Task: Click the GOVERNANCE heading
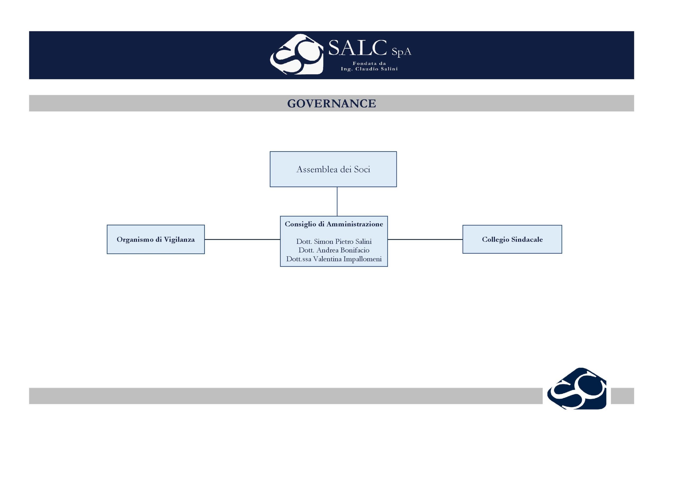332,103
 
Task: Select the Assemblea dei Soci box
333,169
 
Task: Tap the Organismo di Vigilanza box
156,239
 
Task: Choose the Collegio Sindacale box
512,239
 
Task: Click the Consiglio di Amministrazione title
334,224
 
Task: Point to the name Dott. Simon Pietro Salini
334,241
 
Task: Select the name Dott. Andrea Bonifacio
334,250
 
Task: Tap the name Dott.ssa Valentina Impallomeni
334,259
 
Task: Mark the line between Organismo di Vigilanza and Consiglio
242,239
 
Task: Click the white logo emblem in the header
296,54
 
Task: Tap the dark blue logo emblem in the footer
577,388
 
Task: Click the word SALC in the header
357,48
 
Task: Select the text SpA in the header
401,52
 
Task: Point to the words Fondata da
369,63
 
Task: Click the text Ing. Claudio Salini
369,69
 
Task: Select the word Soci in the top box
362,169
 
